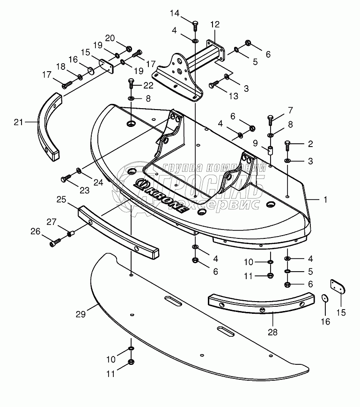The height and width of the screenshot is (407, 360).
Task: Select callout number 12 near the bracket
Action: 214,24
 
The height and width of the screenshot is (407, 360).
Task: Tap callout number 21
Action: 18,122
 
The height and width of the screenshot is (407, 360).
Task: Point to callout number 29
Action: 81,314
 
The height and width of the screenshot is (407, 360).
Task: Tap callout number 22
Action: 148,85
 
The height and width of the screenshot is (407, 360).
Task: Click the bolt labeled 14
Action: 196,22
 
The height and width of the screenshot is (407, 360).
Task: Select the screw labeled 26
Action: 54,242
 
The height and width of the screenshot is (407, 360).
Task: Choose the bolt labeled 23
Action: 66,178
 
